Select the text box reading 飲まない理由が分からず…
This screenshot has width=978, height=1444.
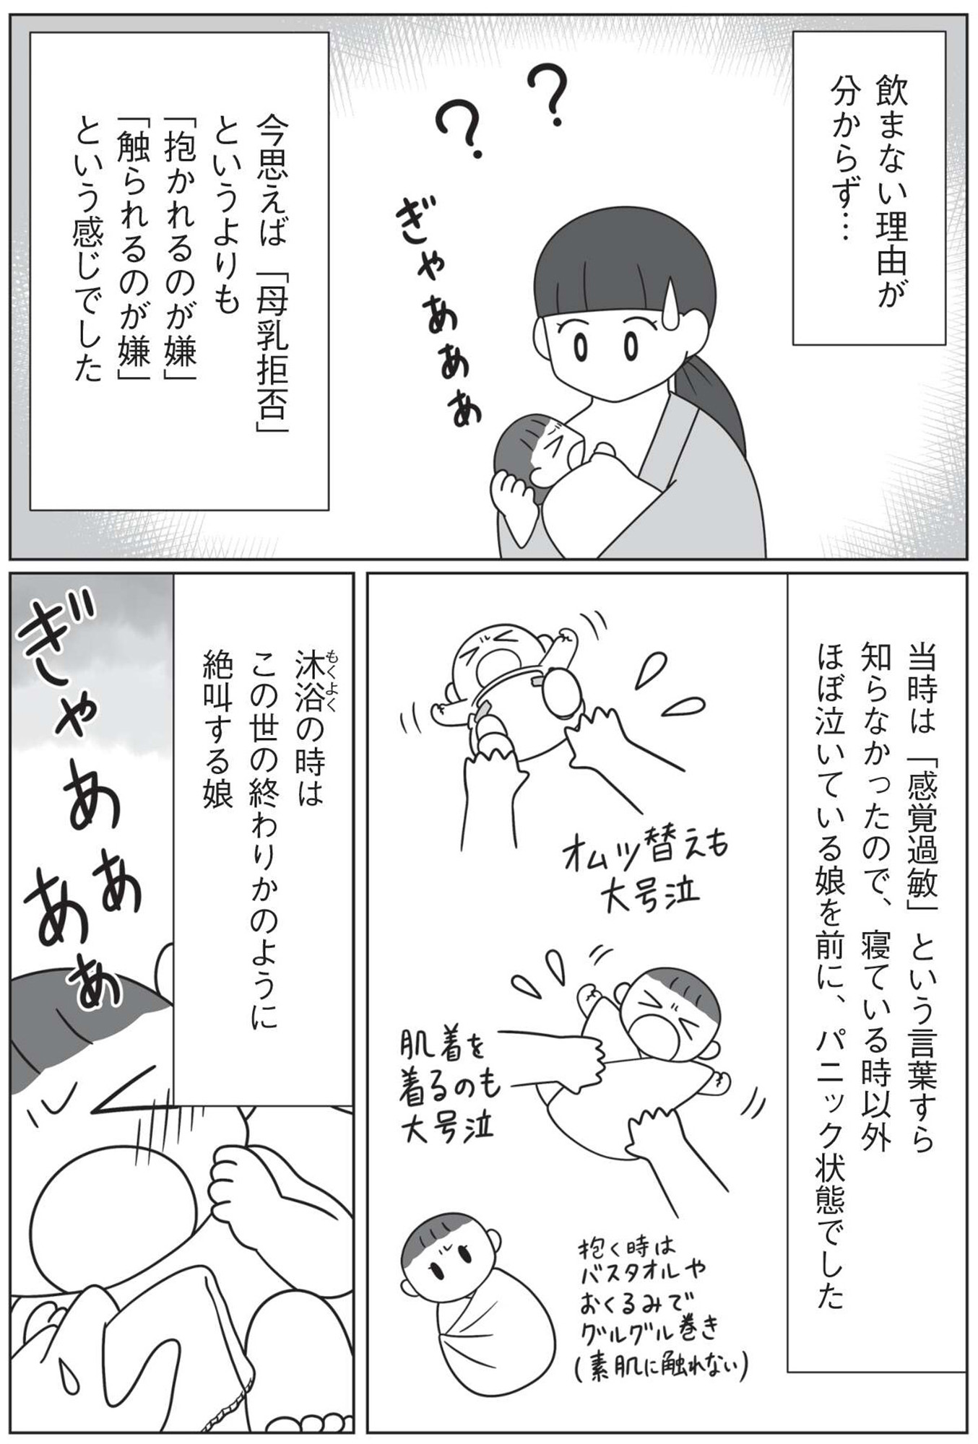pyautogui.click(x=869, y=188)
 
